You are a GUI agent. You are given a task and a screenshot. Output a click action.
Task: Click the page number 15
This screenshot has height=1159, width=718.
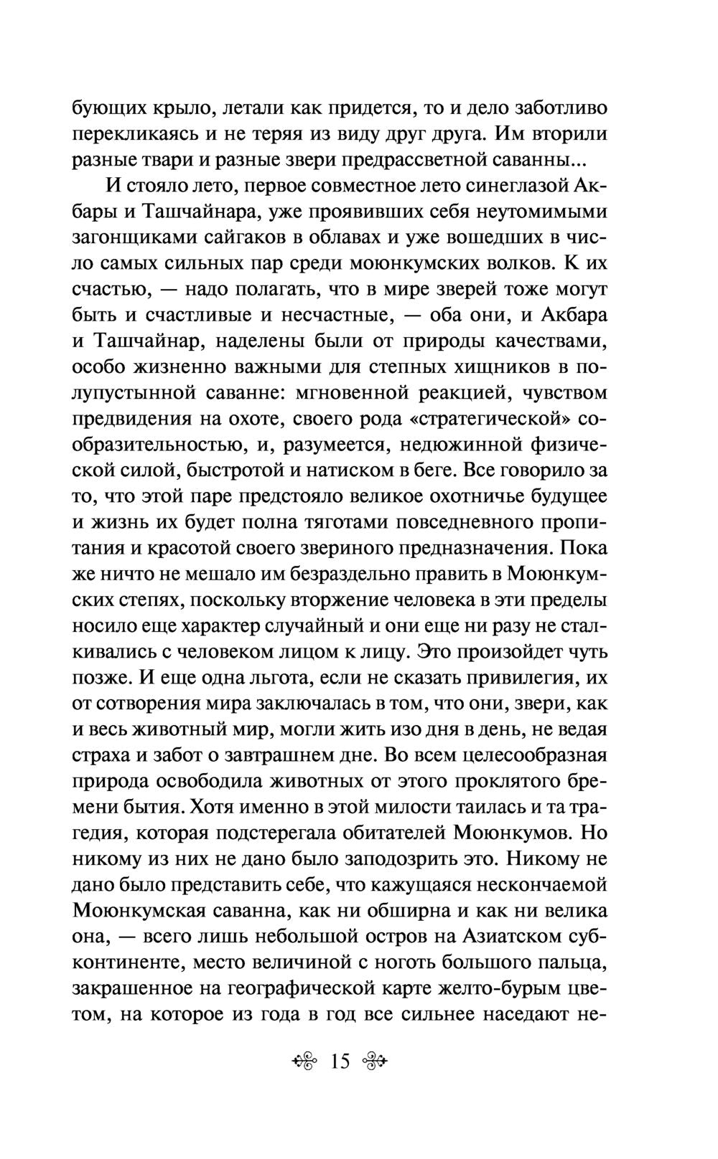tap(339, 1060)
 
